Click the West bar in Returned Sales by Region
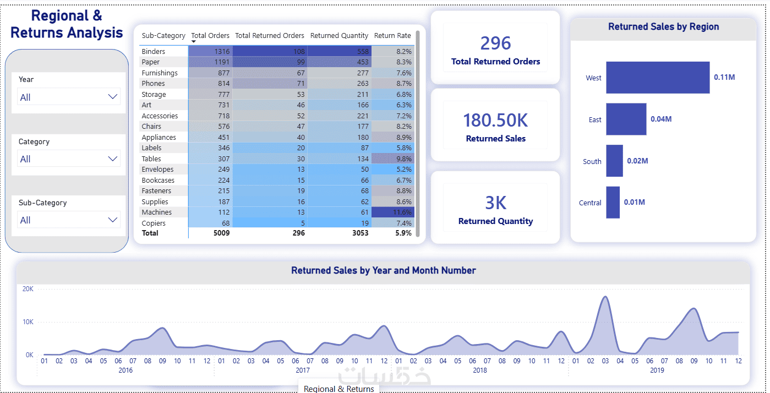(x=658, y=78)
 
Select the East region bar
(x=626, y=119)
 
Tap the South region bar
(x=614, y=161)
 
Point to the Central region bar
(x=613, y=202)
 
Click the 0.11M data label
(x=724, y=77)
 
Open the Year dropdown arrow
(x=112, y=97)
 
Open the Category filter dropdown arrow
(x=112, y=159)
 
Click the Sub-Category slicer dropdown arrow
(x=112, y=220)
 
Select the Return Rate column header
(x=392, y=35)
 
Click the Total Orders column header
(x=210, y=35)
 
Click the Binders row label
(x=154, y=51)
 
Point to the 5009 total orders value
(x=221, y=233)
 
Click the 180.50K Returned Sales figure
(x=495, y=121)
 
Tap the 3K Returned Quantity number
(x=495, y=203)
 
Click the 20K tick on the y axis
(x=28, y=289)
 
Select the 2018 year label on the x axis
(x=480, y=370)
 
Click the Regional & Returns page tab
(x=338, y=389)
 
